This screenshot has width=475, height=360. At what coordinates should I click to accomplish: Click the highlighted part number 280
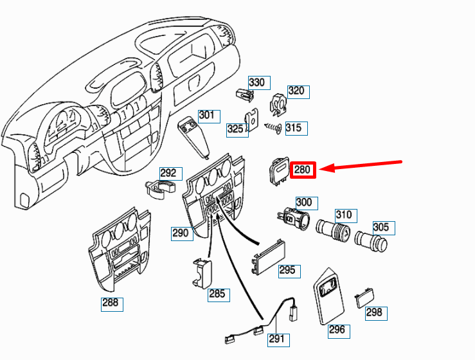pos(303,170)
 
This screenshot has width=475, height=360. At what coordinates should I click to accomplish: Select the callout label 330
pos(257,82)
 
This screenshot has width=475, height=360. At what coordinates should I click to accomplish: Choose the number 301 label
pos(206,116)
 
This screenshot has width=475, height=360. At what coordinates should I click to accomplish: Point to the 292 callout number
pos(168,173)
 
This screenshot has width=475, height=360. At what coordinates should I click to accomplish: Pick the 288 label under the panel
pos(111,303)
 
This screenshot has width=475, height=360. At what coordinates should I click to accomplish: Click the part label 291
pos(276,339)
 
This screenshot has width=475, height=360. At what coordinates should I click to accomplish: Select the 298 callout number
pos(373,312)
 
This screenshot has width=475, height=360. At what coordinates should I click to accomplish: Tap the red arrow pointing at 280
pos(361,166)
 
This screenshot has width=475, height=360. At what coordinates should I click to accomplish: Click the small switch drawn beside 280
pos(278,172)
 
